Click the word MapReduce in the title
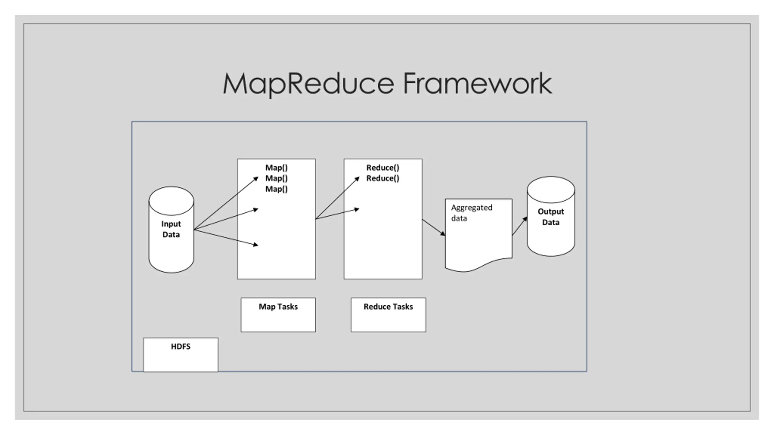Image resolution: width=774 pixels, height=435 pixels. coord(309,84)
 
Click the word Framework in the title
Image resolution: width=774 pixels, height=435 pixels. coord(478,83)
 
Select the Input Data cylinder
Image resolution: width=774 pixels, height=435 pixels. coord(171,230)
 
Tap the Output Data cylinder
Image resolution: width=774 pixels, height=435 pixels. coord(551,216)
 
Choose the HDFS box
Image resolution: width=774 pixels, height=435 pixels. coord(180,355)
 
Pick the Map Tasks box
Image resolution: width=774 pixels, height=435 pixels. coord(278,315)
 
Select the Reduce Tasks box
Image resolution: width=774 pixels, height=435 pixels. coord(388,315)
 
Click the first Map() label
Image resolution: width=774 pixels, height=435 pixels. coord(276,168)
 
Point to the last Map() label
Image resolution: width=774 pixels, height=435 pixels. coord(276,189)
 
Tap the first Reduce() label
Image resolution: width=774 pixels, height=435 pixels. coord(383,168)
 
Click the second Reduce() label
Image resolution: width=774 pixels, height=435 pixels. coord(383,178)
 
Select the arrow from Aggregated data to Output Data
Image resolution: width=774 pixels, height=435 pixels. coord(520,226)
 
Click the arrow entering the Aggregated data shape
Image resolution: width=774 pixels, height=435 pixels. coord(434,227)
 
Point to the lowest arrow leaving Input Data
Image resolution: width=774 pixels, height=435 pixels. coord(226,237)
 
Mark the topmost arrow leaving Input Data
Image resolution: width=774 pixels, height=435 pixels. coord(226,203)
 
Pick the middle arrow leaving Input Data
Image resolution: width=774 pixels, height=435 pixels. coord(226,219)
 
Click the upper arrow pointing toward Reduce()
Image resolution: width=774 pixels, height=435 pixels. coord(337,198)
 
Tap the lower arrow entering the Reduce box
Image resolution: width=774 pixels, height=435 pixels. coord(337,214)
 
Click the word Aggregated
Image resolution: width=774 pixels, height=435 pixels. coord(472,208)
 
